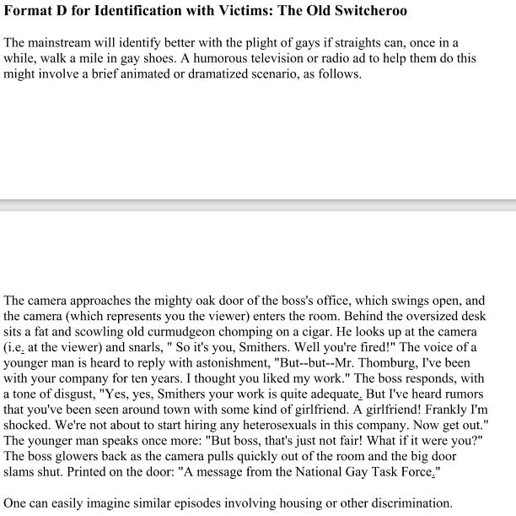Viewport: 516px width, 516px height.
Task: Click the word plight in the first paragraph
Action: pyautogui.click(x=251, y=42)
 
